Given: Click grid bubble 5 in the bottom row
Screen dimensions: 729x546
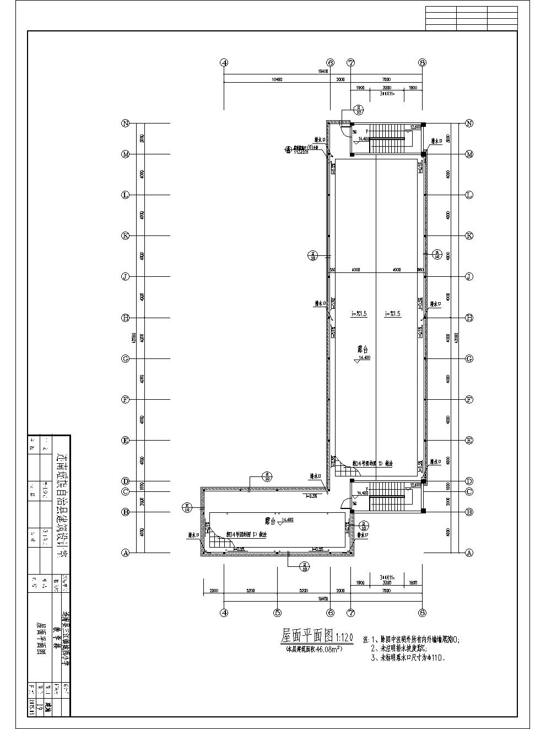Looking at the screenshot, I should point(277,612).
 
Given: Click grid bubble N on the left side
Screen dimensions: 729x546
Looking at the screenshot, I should point(126,124).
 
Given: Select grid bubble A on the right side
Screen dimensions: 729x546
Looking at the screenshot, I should point(469,553).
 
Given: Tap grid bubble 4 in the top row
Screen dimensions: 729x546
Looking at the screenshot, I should point(224,63).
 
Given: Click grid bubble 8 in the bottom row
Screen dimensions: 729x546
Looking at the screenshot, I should point(423,612).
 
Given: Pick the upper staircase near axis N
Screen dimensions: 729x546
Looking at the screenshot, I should point(387,138).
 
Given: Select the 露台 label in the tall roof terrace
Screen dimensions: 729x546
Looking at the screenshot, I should point(363,350).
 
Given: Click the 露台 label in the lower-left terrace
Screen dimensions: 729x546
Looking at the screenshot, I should point(270,520).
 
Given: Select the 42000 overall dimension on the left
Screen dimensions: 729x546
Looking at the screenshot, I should point(136,337).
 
